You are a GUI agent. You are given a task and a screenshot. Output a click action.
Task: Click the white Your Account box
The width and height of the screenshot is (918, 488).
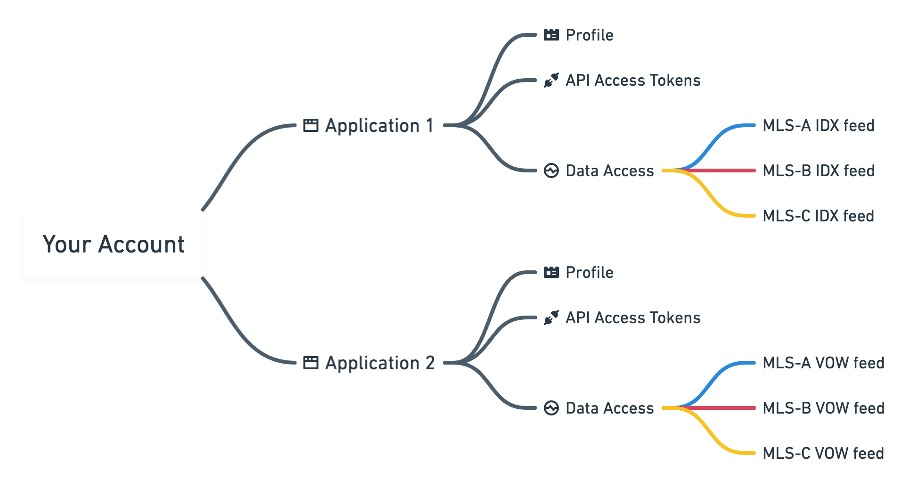point(114,244)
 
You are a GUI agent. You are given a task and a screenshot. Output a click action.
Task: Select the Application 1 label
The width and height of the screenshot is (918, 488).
point(379,126)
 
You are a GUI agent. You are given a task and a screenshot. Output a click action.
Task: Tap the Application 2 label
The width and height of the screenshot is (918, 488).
point(380,363)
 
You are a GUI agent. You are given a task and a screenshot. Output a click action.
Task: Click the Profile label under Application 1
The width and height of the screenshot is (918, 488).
point(589,35)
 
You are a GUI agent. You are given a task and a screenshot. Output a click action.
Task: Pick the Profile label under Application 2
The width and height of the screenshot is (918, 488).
point(589,273)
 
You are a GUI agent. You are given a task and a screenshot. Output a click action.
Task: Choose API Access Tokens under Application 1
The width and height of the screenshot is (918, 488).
point(632,81)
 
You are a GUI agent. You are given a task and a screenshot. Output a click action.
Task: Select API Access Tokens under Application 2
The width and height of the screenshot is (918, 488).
point(632,318)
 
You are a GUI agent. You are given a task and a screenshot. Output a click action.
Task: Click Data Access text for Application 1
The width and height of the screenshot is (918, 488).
point(609,171)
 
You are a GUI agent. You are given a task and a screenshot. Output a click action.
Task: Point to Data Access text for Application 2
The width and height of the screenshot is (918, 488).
point(609,408)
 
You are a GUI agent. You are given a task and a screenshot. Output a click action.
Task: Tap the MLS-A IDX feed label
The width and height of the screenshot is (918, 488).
point(818,126)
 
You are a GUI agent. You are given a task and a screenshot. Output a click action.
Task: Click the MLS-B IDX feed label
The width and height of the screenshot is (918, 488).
point(818,171)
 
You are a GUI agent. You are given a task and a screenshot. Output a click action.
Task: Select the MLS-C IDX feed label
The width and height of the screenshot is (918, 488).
point(818,216)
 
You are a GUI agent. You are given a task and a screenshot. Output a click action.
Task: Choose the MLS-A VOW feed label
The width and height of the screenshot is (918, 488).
point(823,363)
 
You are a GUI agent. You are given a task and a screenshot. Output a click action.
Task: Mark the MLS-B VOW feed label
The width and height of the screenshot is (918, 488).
point(823,408)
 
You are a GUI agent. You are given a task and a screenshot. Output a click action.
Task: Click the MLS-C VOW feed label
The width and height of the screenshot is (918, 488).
point(823,454)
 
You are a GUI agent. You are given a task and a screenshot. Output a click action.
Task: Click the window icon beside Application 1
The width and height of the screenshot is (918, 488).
point(311,125)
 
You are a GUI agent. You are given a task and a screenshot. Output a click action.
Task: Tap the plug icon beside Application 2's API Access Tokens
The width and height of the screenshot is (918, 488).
point(551,317)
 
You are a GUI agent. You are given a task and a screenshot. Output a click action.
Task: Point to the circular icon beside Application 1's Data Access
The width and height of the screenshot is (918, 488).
point(551,171)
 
